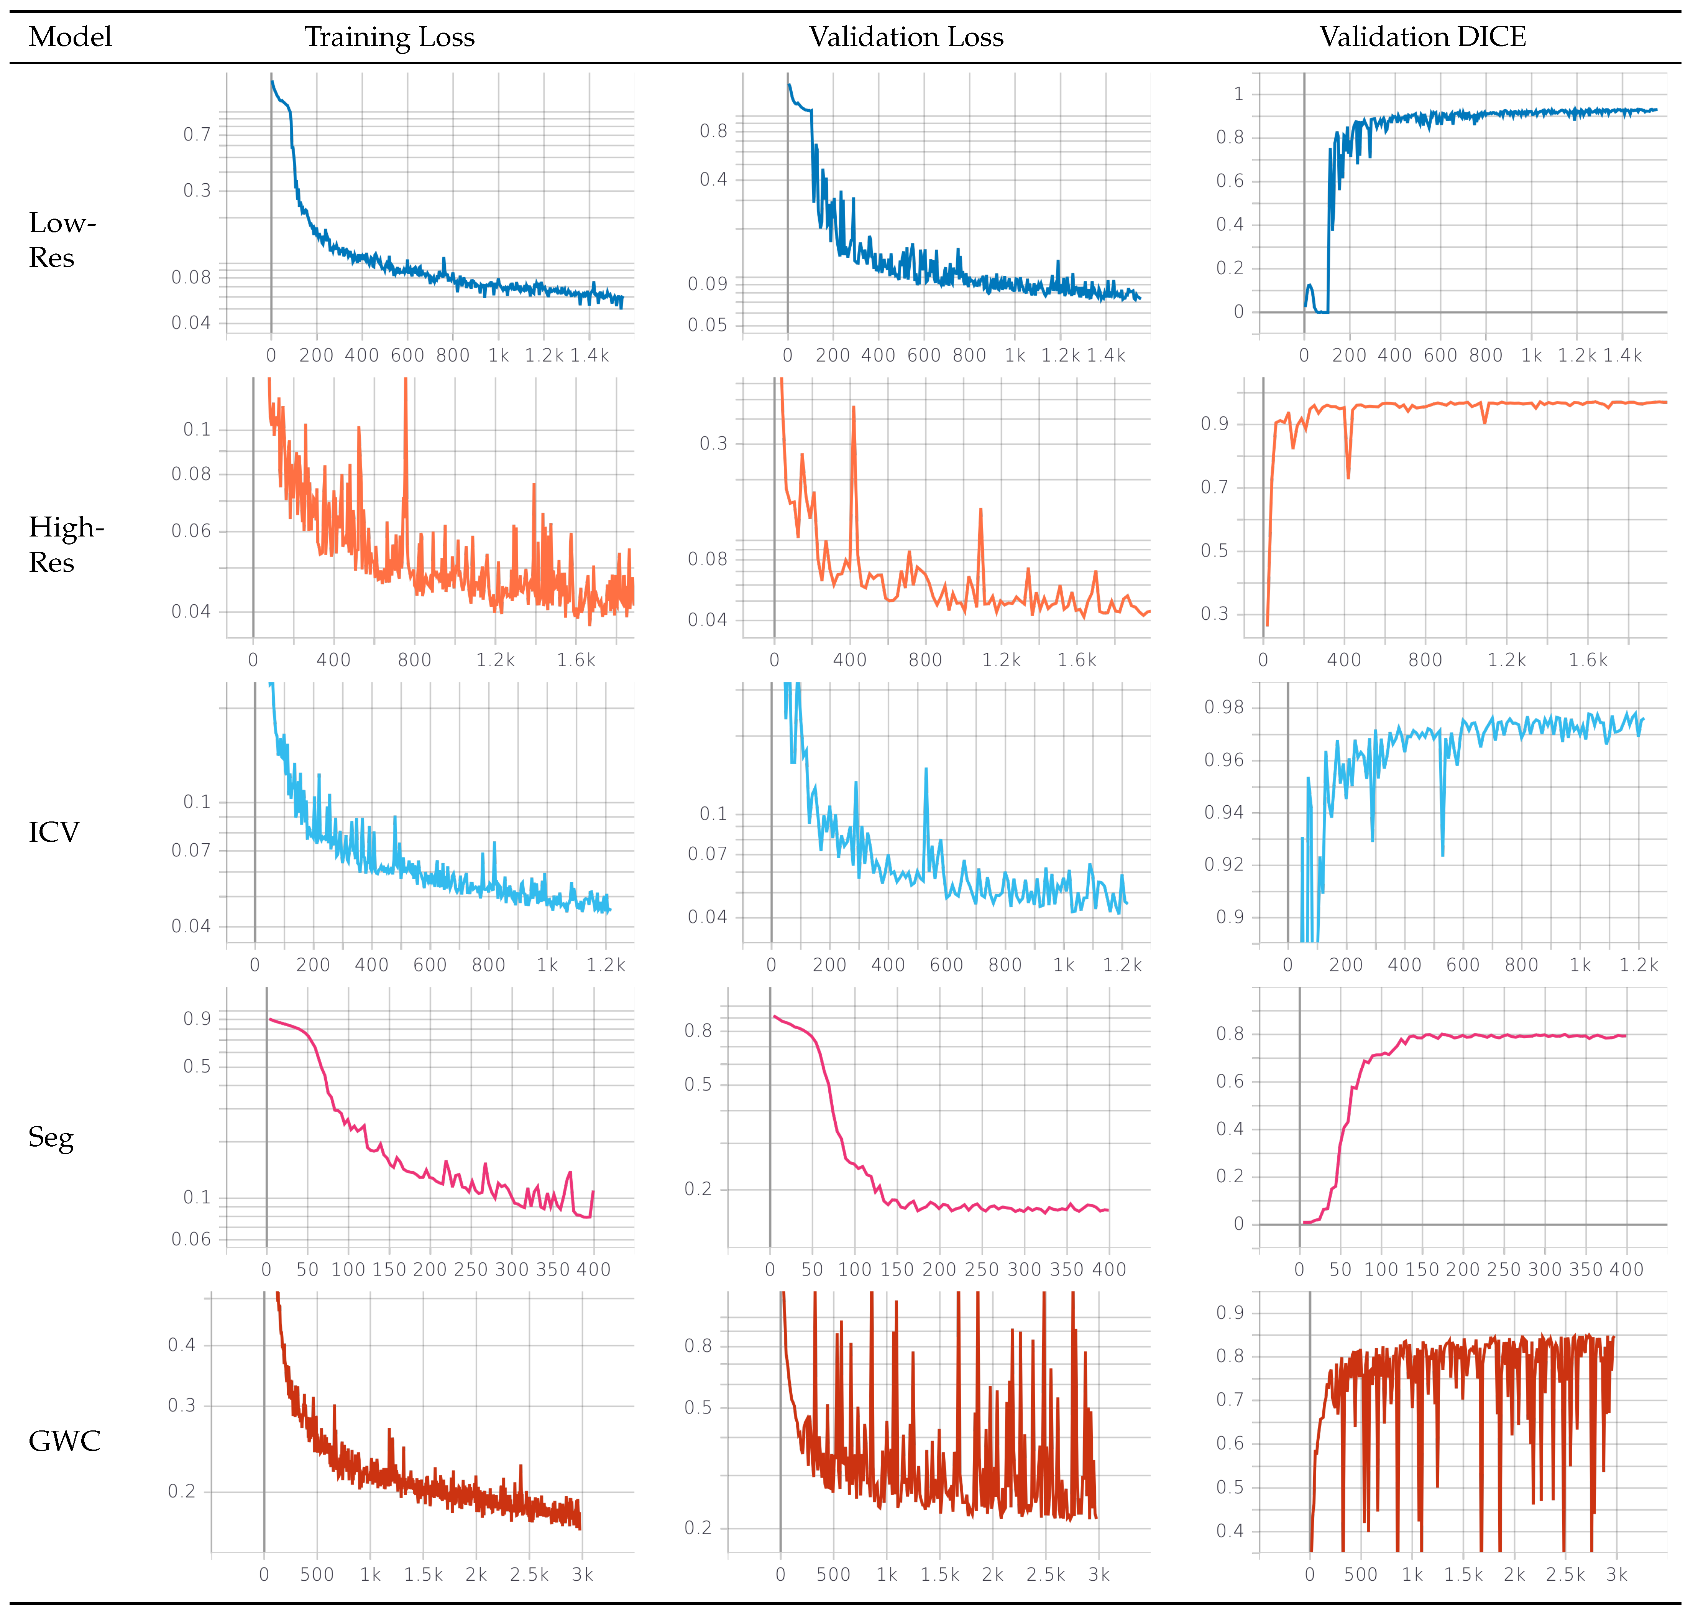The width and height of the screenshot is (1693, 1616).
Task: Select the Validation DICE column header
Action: point(1423,37)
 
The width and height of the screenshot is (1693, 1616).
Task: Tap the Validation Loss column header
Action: point(906,37)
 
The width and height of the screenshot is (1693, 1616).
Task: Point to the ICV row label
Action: point(53,832)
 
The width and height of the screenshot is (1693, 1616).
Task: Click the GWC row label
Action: point(65,1441)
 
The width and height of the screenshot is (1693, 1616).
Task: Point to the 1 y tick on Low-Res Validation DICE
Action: point(1238,94)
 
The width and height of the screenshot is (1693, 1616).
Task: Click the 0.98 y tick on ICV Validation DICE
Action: point(1224,707)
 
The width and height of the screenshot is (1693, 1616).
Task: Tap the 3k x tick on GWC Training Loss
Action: point(582,1575)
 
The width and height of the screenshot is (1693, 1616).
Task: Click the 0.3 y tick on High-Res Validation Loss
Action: point(713,444)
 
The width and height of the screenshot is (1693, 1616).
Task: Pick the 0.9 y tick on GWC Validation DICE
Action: point(1230,1313)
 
